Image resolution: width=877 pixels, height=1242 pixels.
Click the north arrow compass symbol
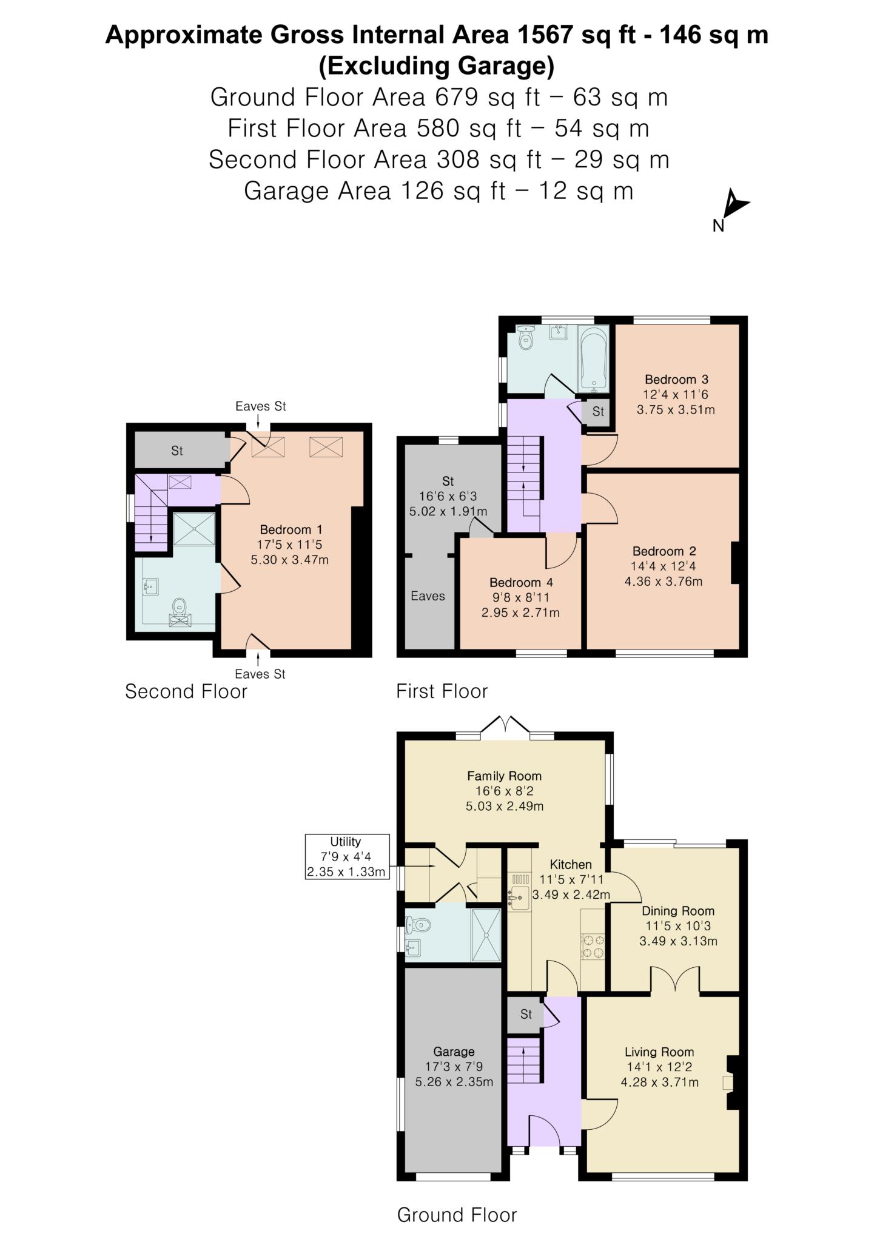[x=735, y=206]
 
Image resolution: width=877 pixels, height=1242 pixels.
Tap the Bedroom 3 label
[x=676, y=380]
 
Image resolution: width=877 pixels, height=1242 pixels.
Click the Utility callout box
[x=346, y=857]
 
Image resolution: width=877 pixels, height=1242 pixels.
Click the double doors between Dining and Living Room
[x=676, y=981]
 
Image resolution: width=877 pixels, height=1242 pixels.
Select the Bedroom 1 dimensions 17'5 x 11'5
[x=289, y=545]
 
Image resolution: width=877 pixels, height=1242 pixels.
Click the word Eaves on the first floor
[x=428, y=596]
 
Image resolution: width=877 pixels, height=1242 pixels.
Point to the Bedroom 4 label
[x=521, y=583]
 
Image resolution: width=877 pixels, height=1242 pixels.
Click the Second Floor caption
[x=186, y=691]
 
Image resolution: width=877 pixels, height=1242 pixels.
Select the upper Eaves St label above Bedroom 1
[x=261, y=406]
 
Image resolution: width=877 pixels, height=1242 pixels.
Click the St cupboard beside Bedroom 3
[x=597, y=412]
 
